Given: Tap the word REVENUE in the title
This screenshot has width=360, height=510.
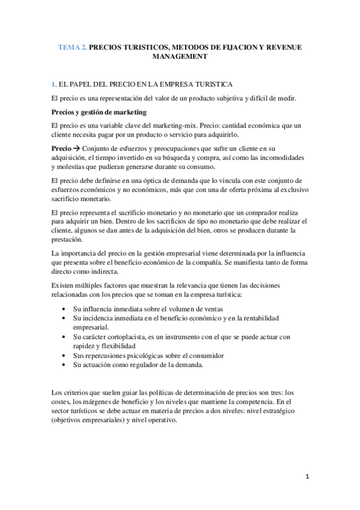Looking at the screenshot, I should click(x=275, y=46).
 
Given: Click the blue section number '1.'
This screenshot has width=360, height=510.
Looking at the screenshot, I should click(x=55, y=83).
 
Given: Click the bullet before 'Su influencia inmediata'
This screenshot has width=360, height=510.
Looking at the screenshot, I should click(x=65, y=308).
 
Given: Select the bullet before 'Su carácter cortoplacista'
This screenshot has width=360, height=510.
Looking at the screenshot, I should click(x=65, y=337).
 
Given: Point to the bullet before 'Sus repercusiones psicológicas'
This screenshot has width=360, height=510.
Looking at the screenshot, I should click(x=65, y=356).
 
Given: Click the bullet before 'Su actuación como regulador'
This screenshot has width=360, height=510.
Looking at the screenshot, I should click(x=65, y=365).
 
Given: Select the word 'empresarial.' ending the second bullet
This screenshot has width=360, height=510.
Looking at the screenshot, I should click(x=91, y=327).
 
